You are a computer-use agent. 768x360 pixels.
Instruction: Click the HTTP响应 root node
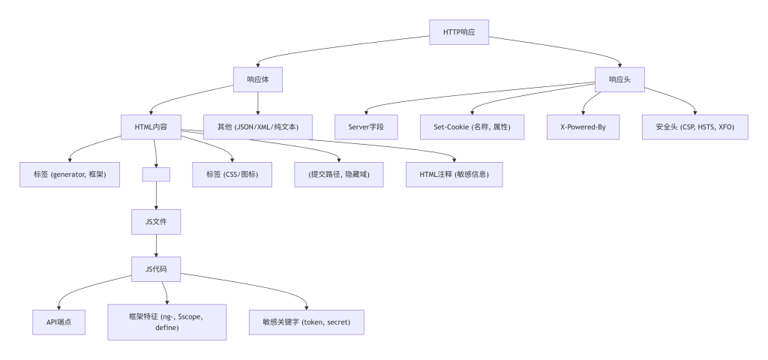click(459, 32)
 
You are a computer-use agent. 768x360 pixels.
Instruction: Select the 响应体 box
click(258, 79)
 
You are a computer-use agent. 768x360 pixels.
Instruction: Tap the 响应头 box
click(619, 79)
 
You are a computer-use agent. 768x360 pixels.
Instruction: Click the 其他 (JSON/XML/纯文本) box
click(257, 127)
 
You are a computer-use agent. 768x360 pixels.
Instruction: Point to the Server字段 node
click(365, 127)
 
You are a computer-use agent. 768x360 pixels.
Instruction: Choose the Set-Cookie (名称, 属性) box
click(472, 127)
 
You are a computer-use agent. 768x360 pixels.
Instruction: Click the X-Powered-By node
click(583, 127)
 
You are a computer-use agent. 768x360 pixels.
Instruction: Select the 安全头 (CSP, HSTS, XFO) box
click(695, 127)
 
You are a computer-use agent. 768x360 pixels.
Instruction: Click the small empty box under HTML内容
click(156, 174)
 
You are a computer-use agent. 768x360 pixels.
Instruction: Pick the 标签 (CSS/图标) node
click(232, 174)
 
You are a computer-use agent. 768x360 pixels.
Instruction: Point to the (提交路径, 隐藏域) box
click(339, 174)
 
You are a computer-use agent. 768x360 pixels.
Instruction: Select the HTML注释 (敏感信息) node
click(454, 174)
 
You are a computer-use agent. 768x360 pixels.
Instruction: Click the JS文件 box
click(156, 222)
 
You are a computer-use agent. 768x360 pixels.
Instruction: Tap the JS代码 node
click(156, 269)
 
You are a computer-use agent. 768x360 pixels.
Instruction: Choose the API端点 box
click(58, 322)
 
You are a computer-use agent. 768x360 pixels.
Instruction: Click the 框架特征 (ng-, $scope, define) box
click(166, 322)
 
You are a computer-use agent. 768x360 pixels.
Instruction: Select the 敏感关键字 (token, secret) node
click(307, 322)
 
